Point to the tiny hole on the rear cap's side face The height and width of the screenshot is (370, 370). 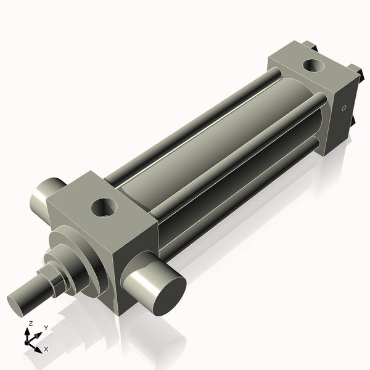pos(344,109)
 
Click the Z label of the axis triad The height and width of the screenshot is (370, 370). pos(31,323)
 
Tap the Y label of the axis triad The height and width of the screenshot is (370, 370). pos(46,327)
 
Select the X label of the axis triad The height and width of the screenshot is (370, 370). pos(46,349)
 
